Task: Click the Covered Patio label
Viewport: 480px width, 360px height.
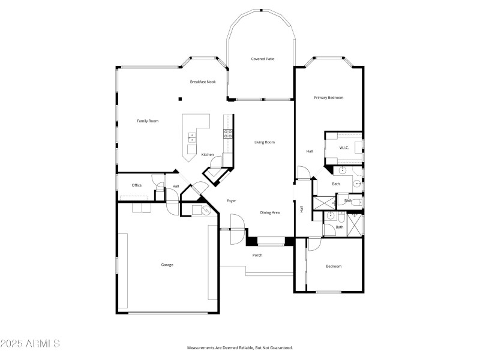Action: click(262, 59)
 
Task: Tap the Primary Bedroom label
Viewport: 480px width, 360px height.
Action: click(328, 98)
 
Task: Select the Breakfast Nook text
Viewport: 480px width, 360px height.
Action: click(203, 82)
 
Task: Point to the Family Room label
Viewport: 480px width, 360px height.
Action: click(148, 121)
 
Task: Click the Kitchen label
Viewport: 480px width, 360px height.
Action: click(208, 155)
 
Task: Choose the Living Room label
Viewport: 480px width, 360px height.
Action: click(265, 142)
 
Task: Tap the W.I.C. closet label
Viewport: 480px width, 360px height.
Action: click(344, 148)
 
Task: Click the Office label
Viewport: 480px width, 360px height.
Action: click(137, 185)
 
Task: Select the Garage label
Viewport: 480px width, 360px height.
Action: click(167, 265)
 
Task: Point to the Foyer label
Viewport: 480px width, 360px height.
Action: click(231, 201)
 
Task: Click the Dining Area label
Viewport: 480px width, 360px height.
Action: click(269, 212)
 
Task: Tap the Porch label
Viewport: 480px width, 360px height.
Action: click(257, 256)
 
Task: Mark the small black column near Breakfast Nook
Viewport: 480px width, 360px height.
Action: click(179, 99)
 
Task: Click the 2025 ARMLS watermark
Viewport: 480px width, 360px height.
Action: click(30, 344)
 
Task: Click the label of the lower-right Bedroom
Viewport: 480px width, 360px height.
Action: click(334, 266)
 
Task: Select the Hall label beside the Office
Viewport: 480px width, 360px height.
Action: click(176, 187)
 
